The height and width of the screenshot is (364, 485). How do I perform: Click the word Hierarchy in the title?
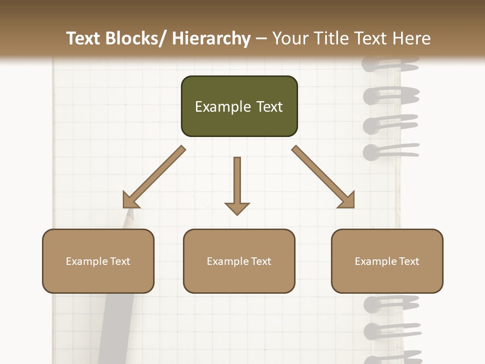[x=211, y=38]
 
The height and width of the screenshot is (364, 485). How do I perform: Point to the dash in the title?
[x=261, y=39]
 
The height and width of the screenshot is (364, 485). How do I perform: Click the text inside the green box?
[x=239, y=107]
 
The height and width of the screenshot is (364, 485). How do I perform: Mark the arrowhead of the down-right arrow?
[x=347, y=200]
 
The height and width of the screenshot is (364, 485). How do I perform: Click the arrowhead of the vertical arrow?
[x=237, y=208]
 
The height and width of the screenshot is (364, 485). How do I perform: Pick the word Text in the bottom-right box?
[x=409, y=261]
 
